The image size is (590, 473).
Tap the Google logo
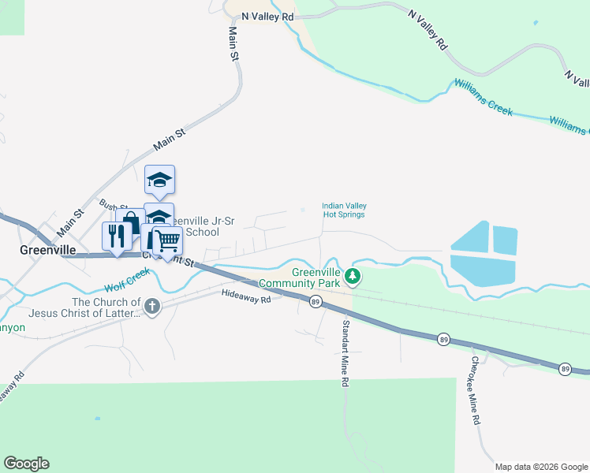[26, 464]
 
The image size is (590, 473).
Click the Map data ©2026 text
[541, 466]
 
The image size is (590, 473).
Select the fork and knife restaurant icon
[118, 236]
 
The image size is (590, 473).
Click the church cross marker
[151, 306]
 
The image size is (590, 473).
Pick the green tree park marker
[354, 277]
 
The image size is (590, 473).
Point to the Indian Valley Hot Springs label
[344, 210]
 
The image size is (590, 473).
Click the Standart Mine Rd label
[345, 352]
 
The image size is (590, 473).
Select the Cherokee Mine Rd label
[476, 392]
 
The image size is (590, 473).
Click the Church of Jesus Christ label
[106, 307]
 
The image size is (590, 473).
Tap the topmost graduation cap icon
[159, 180]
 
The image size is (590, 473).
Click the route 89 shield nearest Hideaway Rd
[316, 301]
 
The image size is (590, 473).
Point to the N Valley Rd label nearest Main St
[267, 16]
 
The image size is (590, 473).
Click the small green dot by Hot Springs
[303, 210]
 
